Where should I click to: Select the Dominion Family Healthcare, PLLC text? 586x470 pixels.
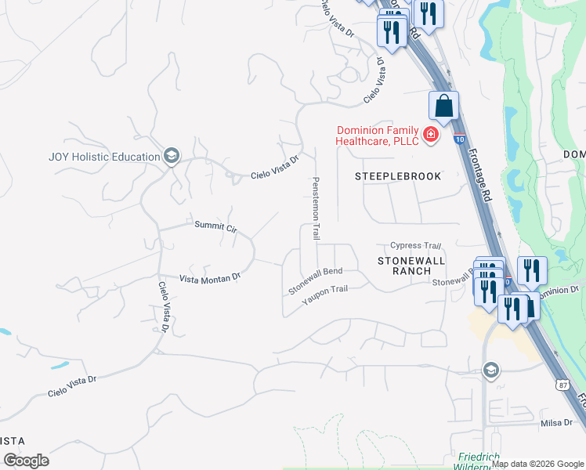(x=377, y=136)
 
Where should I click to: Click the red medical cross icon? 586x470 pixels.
(x=430, y=136)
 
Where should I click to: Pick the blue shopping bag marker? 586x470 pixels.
(x=443, y=106)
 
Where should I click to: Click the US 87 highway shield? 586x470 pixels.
(x=562, y=385)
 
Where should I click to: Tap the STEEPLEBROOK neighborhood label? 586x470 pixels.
(x=398, y=176)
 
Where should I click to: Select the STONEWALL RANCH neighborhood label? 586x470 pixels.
(x=411, y=265)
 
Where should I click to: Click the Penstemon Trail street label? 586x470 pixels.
(x=317, y=208)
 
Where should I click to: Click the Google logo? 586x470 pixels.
(x=26, y=460)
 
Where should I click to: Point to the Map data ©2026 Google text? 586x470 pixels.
(x=537, y=464)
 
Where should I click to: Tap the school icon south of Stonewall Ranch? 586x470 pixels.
(x=491, y=370)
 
